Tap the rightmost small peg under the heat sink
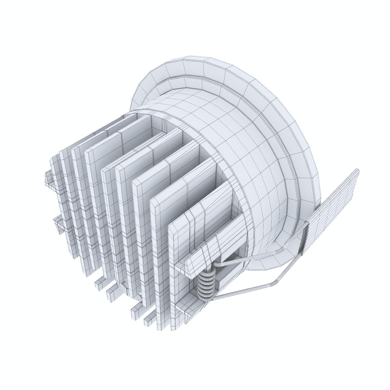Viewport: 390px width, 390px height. (149, 320)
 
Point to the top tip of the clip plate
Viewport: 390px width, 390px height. (356, 171)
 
